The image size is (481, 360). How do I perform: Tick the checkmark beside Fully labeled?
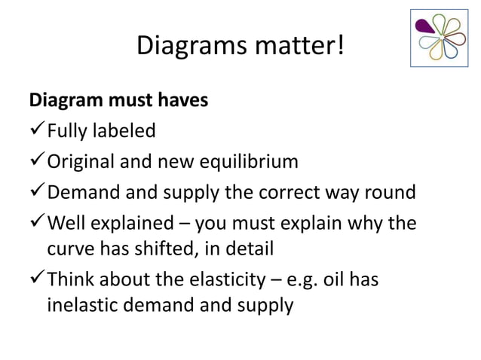[x=37, y=131]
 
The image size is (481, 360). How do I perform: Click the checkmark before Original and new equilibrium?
[x=37, y=161]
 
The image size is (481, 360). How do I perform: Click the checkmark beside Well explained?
[x=37, y=224]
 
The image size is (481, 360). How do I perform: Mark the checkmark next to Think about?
[x=37, y=280]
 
